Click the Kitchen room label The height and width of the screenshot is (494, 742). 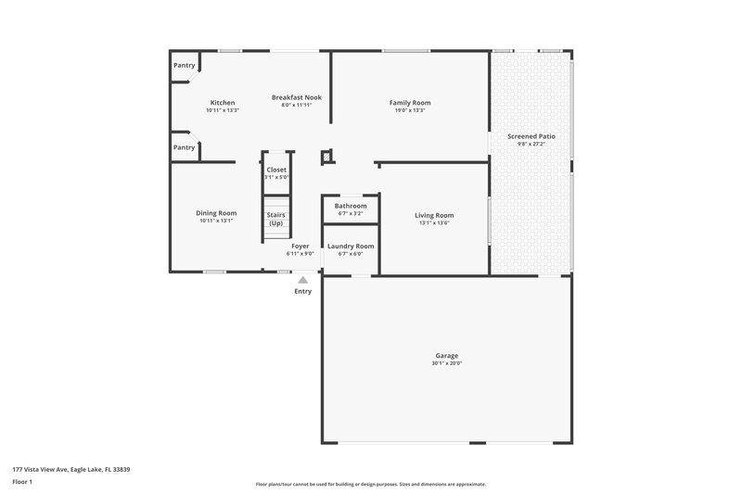[223, 103]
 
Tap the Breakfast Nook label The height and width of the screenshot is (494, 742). [296, 97]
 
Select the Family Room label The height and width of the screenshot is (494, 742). [410, 103]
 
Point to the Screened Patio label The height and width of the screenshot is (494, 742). [531, 136]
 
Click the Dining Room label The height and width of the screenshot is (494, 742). [216, 213]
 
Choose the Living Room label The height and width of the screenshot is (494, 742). [433, 215]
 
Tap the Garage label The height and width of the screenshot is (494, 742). [447, 356]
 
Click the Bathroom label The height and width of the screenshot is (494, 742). [351, 206]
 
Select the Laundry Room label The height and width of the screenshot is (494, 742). [351, 246]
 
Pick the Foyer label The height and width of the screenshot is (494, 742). [301, 246]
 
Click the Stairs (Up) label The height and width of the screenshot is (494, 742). [276, 219]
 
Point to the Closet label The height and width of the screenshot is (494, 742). [276, 170]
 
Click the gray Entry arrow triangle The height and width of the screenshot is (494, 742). [302, 279]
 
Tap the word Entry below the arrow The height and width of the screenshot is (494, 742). [303, 291]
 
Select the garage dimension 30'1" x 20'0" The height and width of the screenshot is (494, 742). [447, 363]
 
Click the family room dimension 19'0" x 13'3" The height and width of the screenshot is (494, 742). [410, 110]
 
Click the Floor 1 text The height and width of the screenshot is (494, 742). [22, 482]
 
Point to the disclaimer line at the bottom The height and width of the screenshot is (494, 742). [370, 484]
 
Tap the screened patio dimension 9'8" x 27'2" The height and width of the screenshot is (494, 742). [531, 144]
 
